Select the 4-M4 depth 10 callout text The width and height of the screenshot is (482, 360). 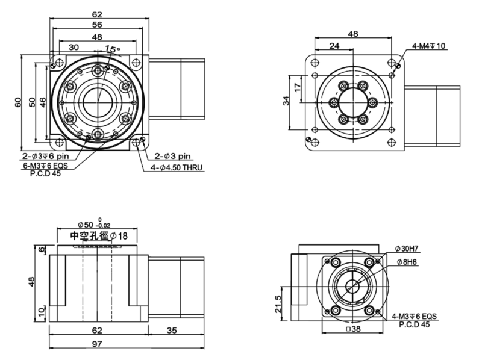click(x=429, y=46)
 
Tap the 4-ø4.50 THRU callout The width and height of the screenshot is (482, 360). click(x=175, y=167)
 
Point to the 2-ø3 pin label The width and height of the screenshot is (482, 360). click(x=173, y=155)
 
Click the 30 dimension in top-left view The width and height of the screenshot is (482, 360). click(x=73, y=46)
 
